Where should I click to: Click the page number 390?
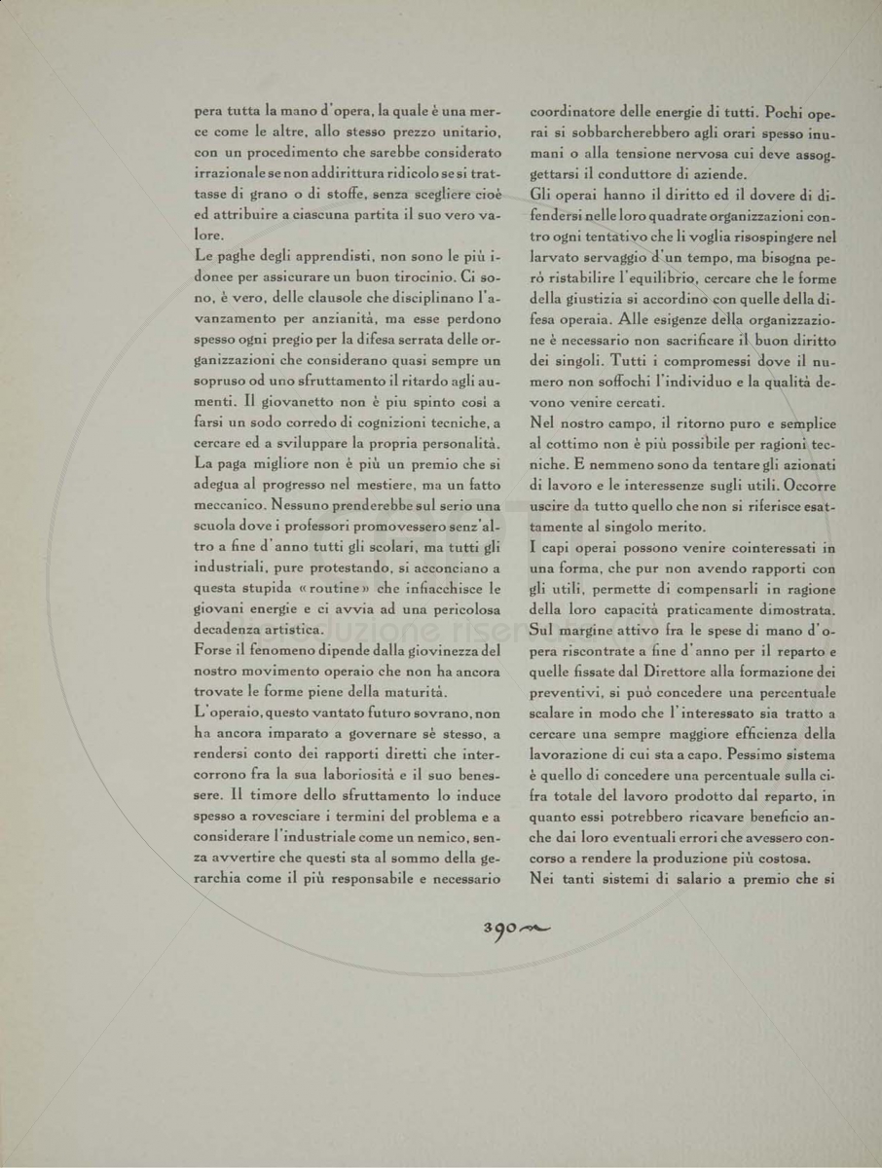tap(499, 929)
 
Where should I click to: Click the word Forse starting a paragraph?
tap(215, 651)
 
